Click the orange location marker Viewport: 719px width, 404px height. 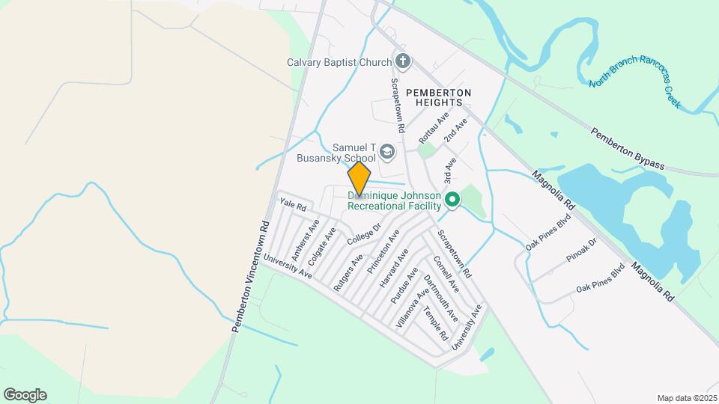[x=359, y=180]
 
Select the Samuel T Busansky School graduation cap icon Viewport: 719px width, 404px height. [x=387, y=153]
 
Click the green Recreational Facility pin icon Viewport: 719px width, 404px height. [x=452, y=200]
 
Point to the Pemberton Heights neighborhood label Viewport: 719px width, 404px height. [x=439, y=97]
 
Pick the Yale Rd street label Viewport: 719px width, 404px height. [x=293, y=203]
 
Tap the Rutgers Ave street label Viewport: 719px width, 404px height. [x=348, y=272]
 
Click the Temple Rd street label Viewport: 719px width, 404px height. [x=435, y=323]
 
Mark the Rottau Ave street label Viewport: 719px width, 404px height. [x=434, y=129]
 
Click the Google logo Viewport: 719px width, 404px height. [x=25, y=395]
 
